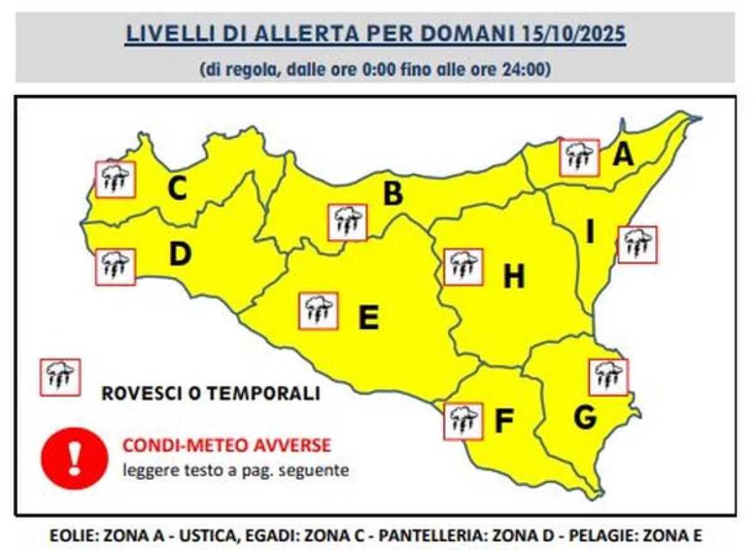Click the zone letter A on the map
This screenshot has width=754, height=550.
click(623, 154)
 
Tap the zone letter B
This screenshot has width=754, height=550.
click(393, 194)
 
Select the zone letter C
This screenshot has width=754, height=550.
click(177, 189)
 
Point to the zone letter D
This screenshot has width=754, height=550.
click(180, 254)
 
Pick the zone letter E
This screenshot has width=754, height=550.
click(368, 317)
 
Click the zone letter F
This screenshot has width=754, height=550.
click(503, 422)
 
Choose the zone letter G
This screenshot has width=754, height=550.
click(586, 418)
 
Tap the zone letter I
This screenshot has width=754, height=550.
click(590, 233)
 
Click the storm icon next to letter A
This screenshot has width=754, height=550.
click(579, 158)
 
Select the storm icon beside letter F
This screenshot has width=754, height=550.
click(463, 421)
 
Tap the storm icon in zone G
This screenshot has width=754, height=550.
click(608, 377)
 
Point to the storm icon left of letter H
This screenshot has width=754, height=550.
click(463, 267)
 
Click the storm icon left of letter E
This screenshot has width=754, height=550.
click(319, 311)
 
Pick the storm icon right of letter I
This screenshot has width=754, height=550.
click(637, 244)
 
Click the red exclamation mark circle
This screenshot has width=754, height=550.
click(74, 457)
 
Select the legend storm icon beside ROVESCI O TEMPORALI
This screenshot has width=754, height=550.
click(60, 377)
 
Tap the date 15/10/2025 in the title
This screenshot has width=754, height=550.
click(574, 33)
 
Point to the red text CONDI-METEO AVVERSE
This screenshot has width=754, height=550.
click(226, 446)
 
